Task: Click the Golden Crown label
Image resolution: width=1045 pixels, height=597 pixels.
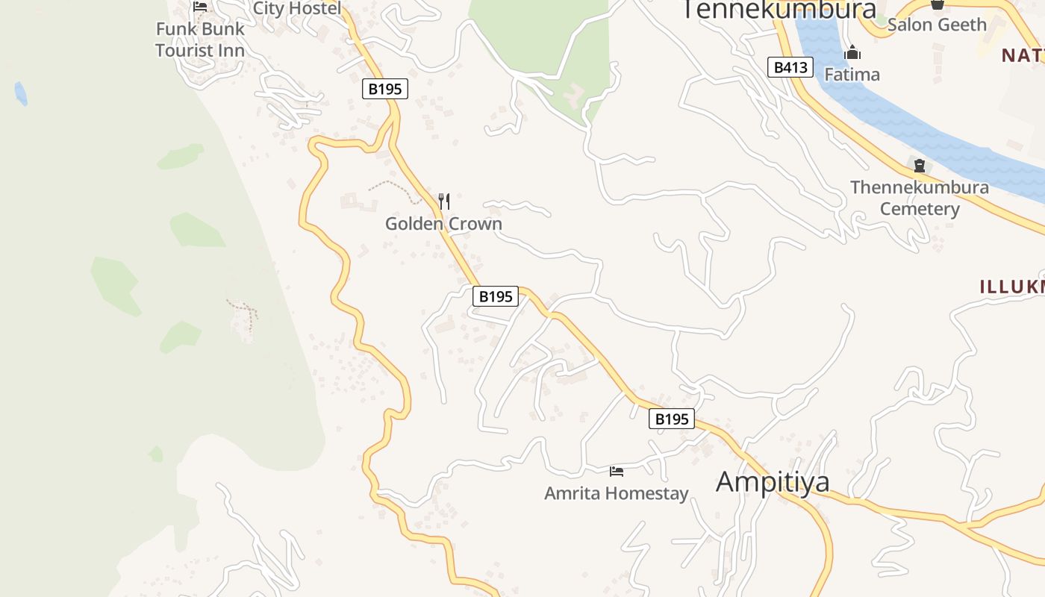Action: click(x=443, y=223)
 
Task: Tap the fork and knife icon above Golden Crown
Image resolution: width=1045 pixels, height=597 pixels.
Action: click(x=444, y=201)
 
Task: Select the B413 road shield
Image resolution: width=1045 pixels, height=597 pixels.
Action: click(x=790, y=67)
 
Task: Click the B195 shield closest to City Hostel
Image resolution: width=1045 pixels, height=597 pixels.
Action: click(x=385, y=89)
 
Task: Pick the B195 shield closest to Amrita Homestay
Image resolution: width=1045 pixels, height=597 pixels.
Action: click(x=671, y=419)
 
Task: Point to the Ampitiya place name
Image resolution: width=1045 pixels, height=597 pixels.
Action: click(x=773, y=481)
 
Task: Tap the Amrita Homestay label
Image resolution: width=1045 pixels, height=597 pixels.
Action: click(x=616, y=493)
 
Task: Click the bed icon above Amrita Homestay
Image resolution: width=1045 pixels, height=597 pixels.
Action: click(x=617, y=471)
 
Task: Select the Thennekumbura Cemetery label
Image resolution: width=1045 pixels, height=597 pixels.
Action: click(x=920, y=198)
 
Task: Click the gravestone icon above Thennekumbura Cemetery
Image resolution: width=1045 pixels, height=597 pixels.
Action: click(x=920, y=166)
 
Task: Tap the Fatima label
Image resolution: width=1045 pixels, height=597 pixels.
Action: click(x=852, y=75)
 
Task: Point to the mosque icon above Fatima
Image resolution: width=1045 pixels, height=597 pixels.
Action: click(x=852, y=53)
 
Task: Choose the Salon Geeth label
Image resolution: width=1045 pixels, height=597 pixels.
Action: click(x=937, y=25)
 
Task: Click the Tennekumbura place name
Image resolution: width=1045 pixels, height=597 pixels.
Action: click(x=779, y=10)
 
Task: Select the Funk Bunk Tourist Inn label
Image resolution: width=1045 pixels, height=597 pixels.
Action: click(x=200, y=40)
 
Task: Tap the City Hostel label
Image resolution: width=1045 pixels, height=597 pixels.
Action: click(x=297, y=8)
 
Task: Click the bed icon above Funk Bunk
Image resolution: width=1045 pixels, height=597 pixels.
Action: click(x=200, y=7)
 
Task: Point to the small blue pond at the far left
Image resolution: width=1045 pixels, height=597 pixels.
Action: click(x=21, y=93)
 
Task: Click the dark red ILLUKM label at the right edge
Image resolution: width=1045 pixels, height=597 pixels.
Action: click(x=1012, y=286)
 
